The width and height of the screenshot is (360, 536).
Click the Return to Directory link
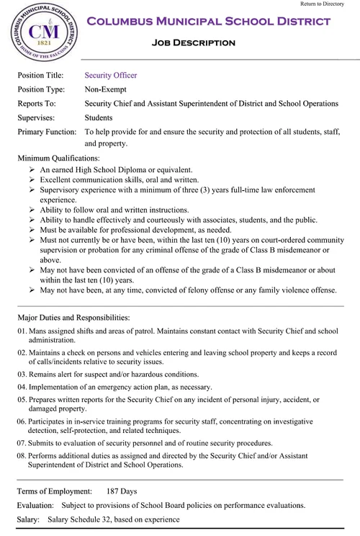tap(323, 4)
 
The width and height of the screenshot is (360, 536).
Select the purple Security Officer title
tap(110, 75)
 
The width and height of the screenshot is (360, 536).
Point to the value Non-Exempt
tap(108, 89)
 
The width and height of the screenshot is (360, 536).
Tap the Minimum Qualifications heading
tap(59, 157)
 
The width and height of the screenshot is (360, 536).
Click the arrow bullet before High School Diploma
tap(32, 169)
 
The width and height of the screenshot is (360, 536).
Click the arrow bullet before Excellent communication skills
tap(32, 179)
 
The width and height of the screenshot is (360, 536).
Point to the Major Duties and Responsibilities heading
tap(73, 317)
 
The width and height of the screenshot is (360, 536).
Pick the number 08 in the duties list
tap(22, 455)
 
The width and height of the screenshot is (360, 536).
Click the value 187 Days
tap(121, 491)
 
